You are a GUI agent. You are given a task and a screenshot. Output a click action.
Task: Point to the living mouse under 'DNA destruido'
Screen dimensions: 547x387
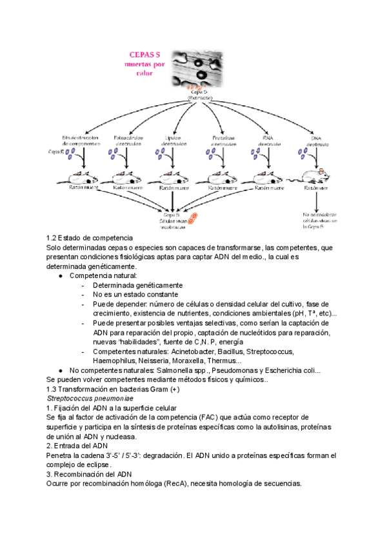315,175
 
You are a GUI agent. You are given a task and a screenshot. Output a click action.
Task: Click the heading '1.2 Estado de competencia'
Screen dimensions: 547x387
90,239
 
